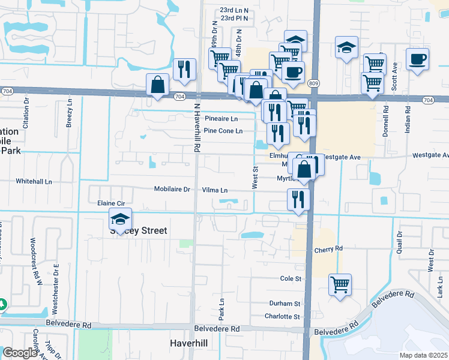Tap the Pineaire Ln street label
(x=222, y=119)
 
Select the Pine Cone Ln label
(x=223, y=131)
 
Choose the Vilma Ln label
(x=215, y=190)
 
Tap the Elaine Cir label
(x=110, y=204)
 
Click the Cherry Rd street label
(x=328, y=248)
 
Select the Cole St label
(x=291, y=279)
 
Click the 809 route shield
(x=313, y=82)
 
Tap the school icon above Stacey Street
(x=120, y=220)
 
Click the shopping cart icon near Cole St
(x=340, y=284)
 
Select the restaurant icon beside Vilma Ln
(x=298, y=199)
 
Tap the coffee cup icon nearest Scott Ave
(x=418, y=59)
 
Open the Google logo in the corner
(x=19, y=353)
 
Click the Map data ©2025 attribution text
(x=423, y=355)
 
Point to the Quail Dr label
(x=399, y=244)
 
